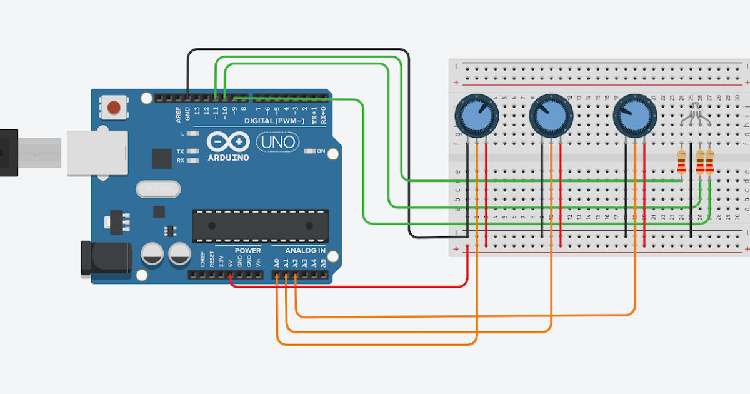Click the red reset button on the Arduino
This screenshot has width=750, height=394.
point(114,107)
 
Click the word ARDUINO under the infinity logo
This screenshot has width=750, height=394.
point(227,158)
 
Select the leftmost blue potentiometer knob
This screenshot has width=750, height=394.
point(476,115)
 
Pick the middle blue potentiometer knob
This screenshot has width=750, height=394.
point(551,115)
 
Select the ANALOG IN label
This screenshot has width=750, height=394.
point(305,251)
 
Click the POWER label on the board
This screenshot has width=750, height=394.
point(247,251)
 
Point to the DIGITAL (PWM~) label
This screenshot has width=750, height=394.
point(274,121)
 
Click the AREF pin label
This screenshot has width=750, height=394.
point(178,114)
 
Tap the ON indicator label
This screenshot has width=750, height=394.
point(321,151)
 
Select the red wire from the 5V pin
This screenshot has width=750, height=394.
point(350,286)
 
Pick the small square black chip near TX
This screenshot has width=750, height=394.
point(161,159)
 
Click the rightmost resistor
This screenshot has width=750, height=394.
point(709,163)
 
